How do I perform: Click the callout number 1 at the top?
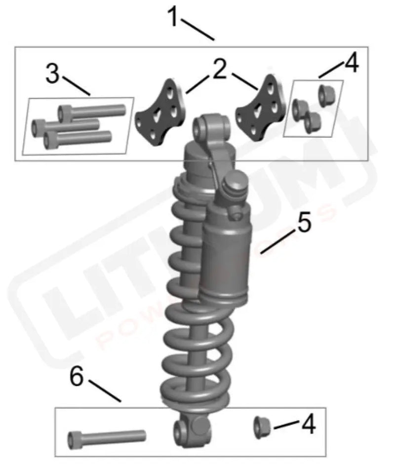pyautogui.click(x=174, y=17)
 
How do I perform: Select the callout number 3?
pyautogui.click(x=53, y=74)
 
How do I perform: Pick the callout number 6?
pyautogui.click(x=77, y=378)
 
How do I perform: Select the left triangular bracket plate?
pyautogui.click(x=160, y=114)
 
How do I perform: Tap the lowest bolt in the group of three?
pyautogui.click(x=77, y=138)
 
